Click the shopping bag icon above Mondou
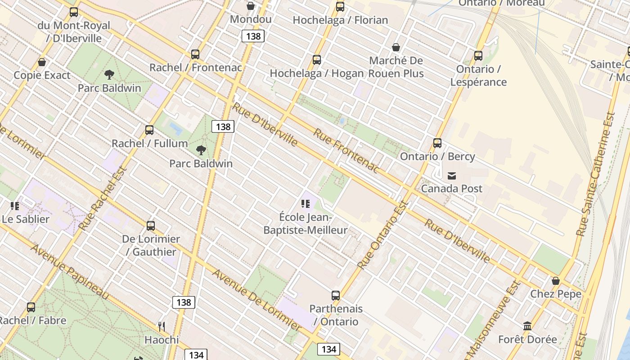pos(251,6)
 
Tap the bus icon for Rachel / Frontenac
pos(195,54)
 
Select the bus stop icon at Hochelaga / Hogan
pos(317,60)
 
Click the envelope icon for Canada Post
pos(452,175)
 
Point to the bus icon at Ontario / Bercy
pos(437,143)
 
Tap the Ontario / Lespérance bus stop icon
pos(478,56)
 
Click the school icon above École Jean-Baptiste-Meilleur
pos(306,204)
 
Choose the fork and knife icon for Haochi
pos(162,326)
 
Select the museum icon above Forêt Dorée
pos(527,326)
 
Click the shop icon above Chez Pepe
pos(556,281)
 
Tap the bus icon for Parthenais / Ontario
pos(336,296)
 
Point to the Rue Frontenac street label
pos(346,150)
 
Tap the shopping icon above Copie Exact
pos(42,62)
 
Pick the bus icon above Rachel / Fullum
pos(149,130)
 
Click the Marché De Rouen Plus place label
pos(396,67)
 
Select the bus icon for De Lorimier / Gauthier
pos(151,225)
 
